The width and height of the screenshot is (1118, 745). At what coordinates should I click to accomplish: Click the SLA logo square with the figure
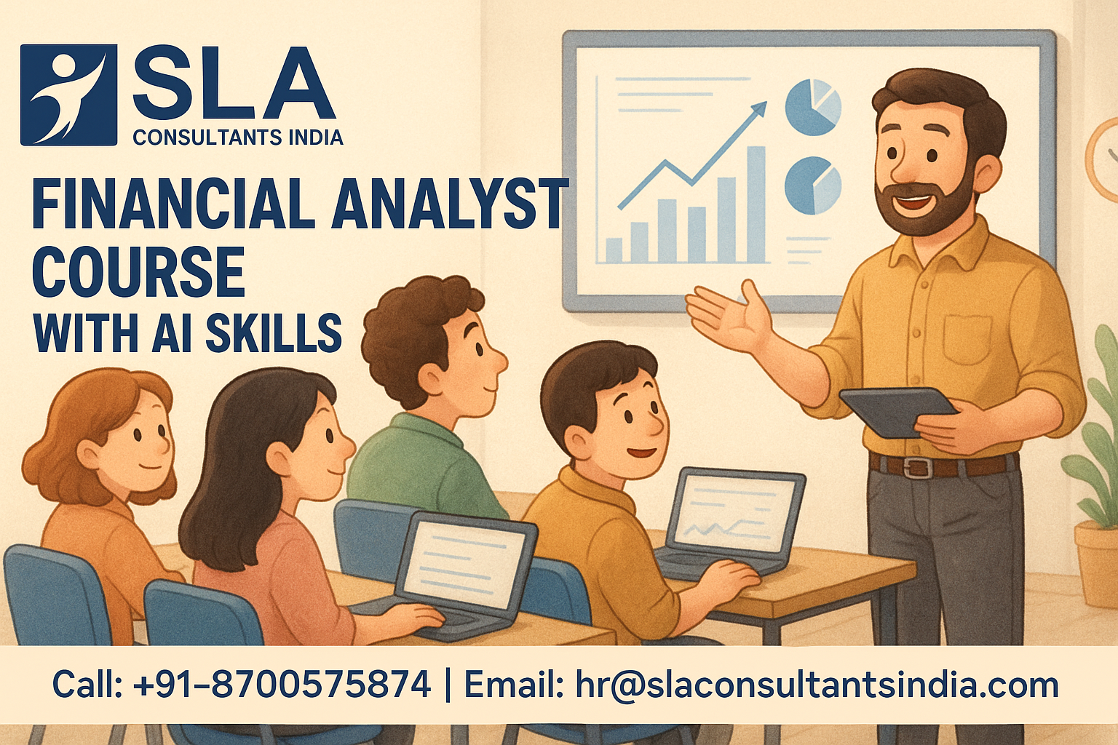tap(68, 95)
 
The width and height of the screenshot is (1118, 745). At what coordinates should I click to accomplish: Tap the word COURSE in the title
tap(139, 271)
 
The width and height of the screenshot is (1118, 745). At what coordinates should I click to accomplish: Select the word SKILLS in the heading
tap(274, 332)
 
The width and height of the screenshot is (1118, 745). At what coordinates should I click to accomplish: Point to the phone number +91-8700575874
tap(282, 684)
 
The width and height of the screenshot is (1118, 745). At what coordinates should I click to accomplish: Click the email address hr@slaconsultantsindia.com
tap(817, 685)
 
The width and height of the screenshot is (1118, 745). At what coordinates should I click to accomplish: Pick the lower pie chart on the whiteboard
tap(813, 185)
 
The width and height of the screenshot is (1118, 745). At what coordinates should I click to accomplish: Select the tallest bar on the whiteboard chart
tap(756, 204)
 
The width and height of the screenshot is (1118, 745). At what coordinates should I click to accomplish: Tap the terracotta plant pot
tap(1097, 563)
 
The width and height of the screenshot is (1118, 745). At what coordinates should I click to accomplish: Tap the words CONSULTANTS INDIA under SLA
tap(238, 138)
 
